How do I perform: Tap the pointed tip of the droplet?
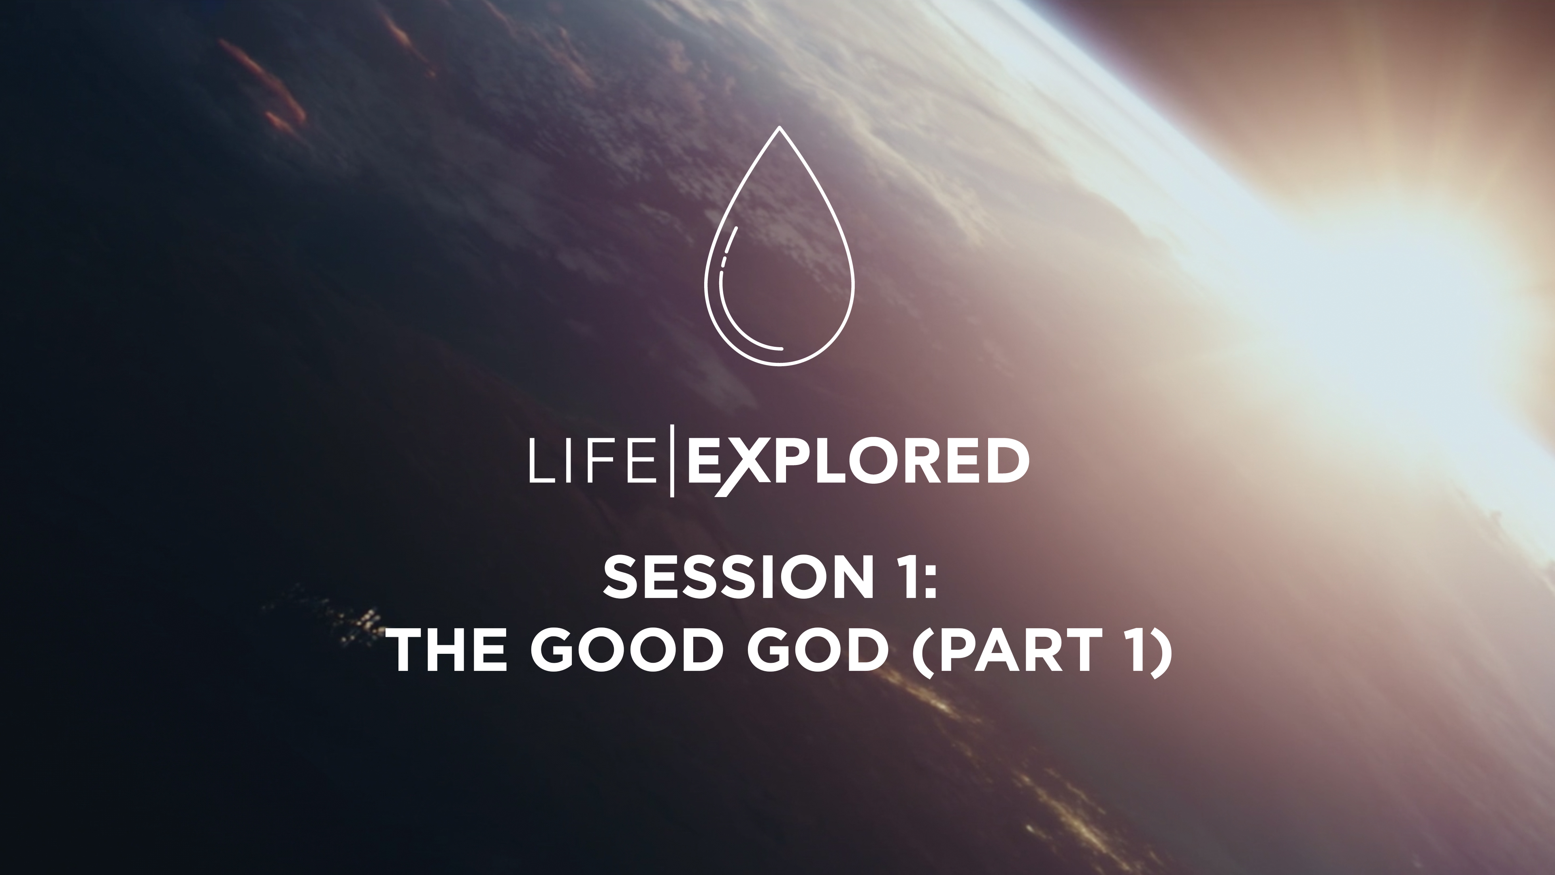coord(779,128)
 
